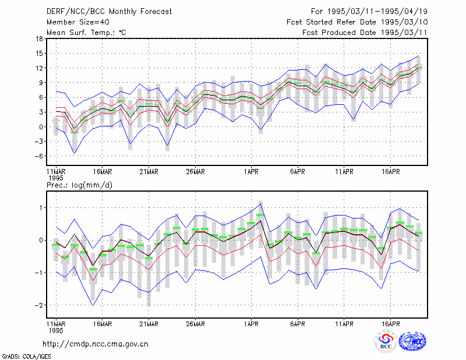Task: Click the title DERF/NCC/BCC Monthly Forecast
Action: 109,12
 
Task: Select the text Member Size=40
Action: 78,22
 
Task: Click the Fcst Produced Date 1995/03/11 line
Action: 365,33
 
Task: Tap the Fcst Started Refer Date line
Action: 357,22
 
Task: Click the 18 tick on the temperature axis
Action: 39,38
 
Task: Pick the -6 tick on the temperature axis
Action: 38,156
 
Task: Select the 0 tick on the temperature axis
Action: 41,127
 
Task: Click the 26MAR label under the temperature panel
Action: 195,172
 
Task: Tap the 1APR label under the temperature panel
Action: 251,172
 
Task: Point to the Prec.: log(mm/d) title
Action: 79,185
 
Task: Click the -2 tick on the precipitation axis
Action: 38,305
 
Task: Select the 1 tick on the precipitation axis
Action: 41,208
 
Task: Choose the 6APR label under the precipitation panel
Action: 298,324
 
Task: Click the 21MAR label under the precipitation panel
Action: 149,324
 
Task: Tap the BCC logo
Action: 386,341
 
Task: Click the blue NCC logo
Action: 412,341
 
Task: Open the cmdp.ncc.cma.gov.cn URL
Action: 96,344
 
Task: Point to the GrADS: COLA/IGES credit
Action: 27,357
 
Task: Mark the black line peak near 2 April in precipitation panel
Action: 260,221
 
